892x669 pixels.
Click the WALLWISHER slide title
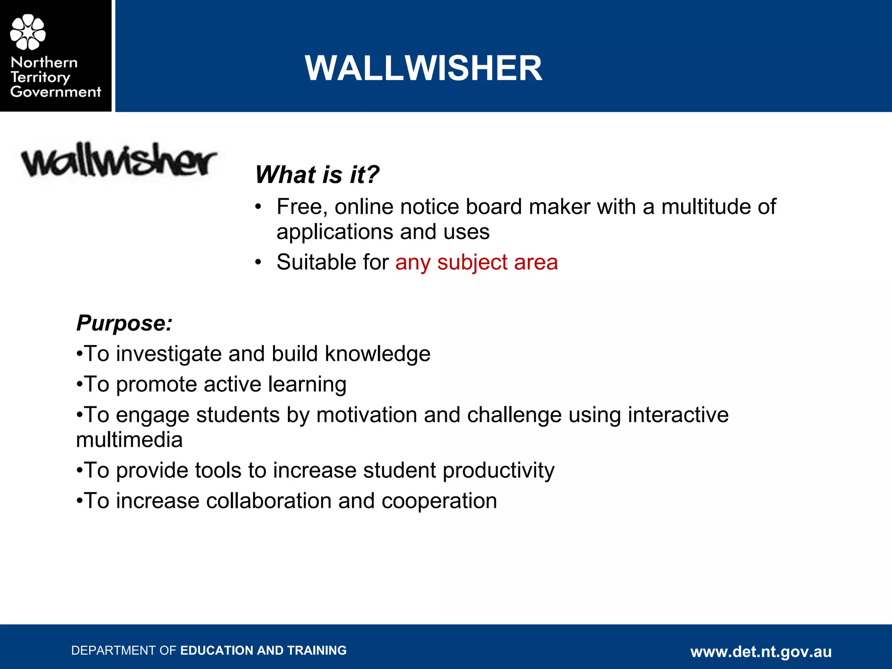(x=423, y=68)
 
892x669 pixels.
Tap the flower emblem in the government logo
(x=28, y=32)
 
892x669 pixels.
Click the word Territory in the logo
(x=40, y=78)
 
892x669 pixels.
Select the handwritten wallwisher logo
(x=119, y=160)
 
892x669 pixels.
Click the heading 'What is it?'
(x=317, y=175)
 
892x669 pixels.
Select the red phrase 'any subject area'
(x=476, y=262)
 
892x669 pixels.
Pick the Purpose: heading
(x=125, y=323)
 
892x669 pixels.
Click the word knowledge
(x=378, y=354)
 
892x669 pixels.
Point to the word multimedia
(x=129, y=440)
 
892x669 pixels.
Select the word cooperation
(x=439, y=501)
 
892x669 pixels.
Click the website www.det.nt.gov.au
(x=761, y=652)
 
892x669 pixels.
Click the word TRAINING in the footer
(x=317, y=651)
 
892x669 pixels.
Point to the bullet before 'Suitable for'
(x=259, y=262)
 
